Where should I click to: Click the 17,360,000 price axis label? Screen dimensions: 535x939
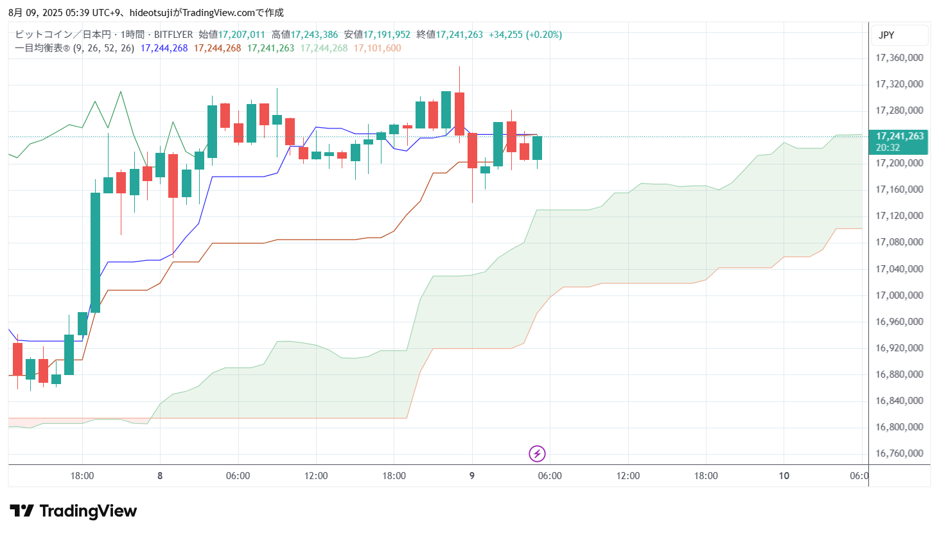[899, 58]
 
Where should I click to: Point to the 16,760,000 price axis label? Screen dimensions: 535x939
[899, 453]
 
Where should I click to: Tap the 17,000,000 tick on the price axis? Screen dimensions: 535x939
[899, 295]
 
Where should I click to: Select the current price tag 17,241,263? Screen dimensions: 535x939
[899, 136]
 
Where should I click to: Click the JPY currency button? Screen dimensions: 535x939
[886, 35]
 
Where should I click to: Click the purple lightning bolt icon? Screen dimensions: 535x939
[537, 454]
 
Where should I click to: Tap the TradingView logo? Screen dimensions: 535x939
[73, 511]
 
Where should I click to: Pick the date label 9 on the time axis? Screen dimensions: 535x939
[472, 476]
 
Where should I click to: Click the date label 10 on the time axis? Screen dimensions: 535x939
[784, 476]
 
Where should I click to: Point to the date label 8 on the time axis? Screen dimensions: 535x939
[160, 476]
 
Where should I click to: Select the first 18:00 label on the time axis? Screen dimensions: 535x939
[82, 476]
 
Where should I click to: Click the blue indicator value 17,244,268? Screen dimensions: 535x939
[164, 48]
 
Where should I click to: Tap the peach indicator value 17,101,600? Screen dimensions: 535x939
[377, 48]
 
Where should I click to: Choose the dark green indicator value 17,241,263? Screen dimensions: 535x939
[270, 48]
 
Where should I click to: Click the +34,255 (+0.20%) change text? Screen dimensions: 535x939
[525, 35]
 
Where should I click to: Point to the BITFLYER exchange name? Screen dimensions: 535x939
[173, 35]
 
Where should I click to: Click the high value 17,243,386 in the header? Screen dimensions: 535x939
[314, 35]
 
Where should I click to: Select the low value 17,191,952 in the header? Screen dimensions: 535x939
[387, 35]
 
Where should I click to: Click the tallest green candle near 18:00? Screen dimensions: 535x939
[95, 252]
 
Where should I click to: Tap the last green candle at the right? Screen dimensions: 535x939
[537, 148]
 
